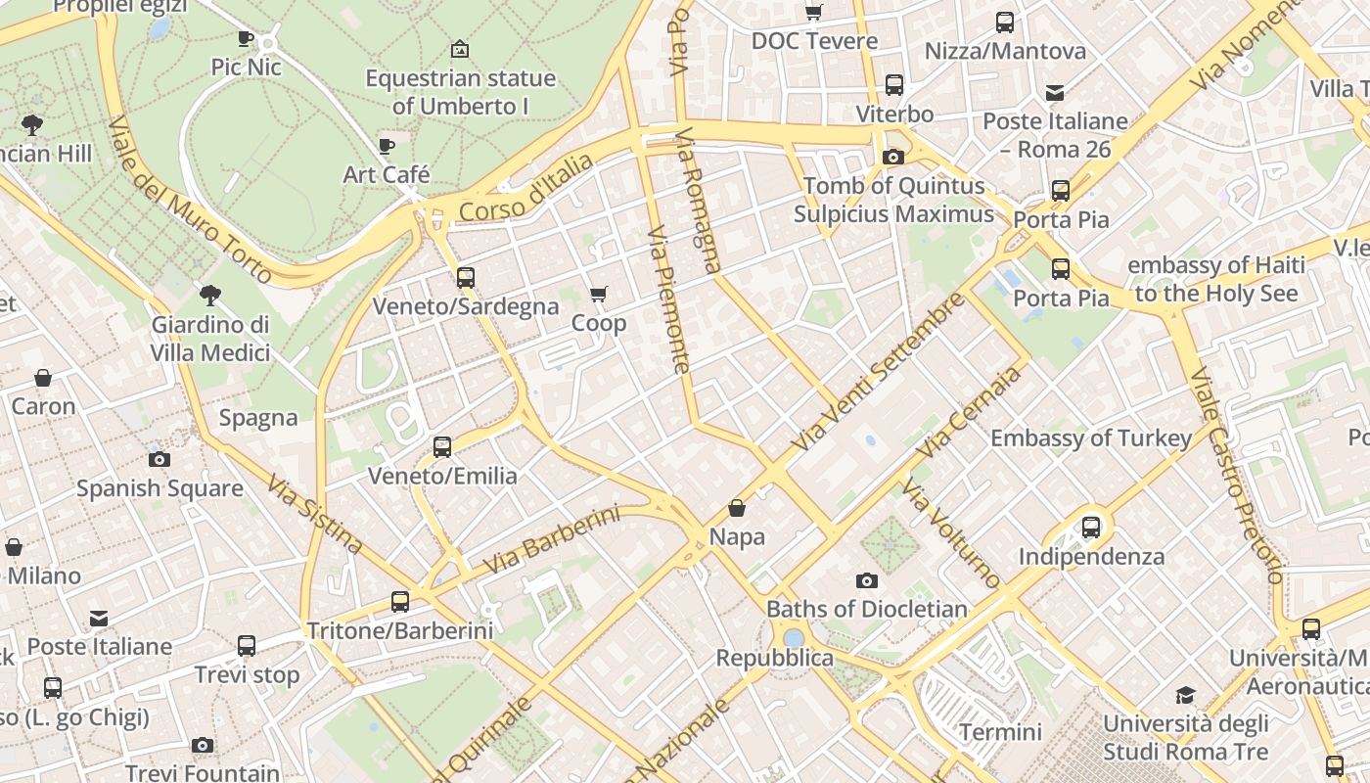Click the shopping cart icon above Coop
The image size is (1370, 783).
pos(599,295)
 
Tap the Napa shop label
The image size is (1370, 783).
pos(737,536)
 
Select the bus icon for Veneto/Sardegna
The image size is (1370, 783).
pos(466,278)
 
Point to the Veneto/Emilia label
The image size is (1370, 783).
pos(442,476)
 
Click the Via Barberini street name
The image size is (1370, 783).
pos(553,539)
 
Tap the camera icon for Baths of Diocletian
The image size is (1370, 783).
pos(866,580)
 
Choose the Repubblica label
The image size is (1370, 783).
pos(775,658)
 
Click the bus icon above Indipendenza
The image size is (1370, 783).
pos(1091,528)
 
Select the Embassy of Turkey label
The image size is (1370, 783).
pos(1091,438)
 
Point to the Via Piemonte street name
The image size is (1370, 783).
pos(669,299)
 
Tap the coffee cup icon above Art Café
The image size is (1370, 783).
pos(387,147)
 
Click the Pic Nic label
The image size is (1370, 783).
pos(247,67)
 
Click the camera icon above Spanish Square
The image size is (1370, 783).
pos(160,459)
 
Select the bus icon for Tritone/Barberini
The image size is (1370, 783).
pos(400,602)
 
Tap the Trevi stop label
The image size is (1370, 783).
pos(247,674)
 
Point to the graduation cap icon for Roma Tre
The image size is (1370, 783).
pos(1185,696)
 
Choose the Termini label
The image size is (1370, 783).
pos(1000,732)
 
